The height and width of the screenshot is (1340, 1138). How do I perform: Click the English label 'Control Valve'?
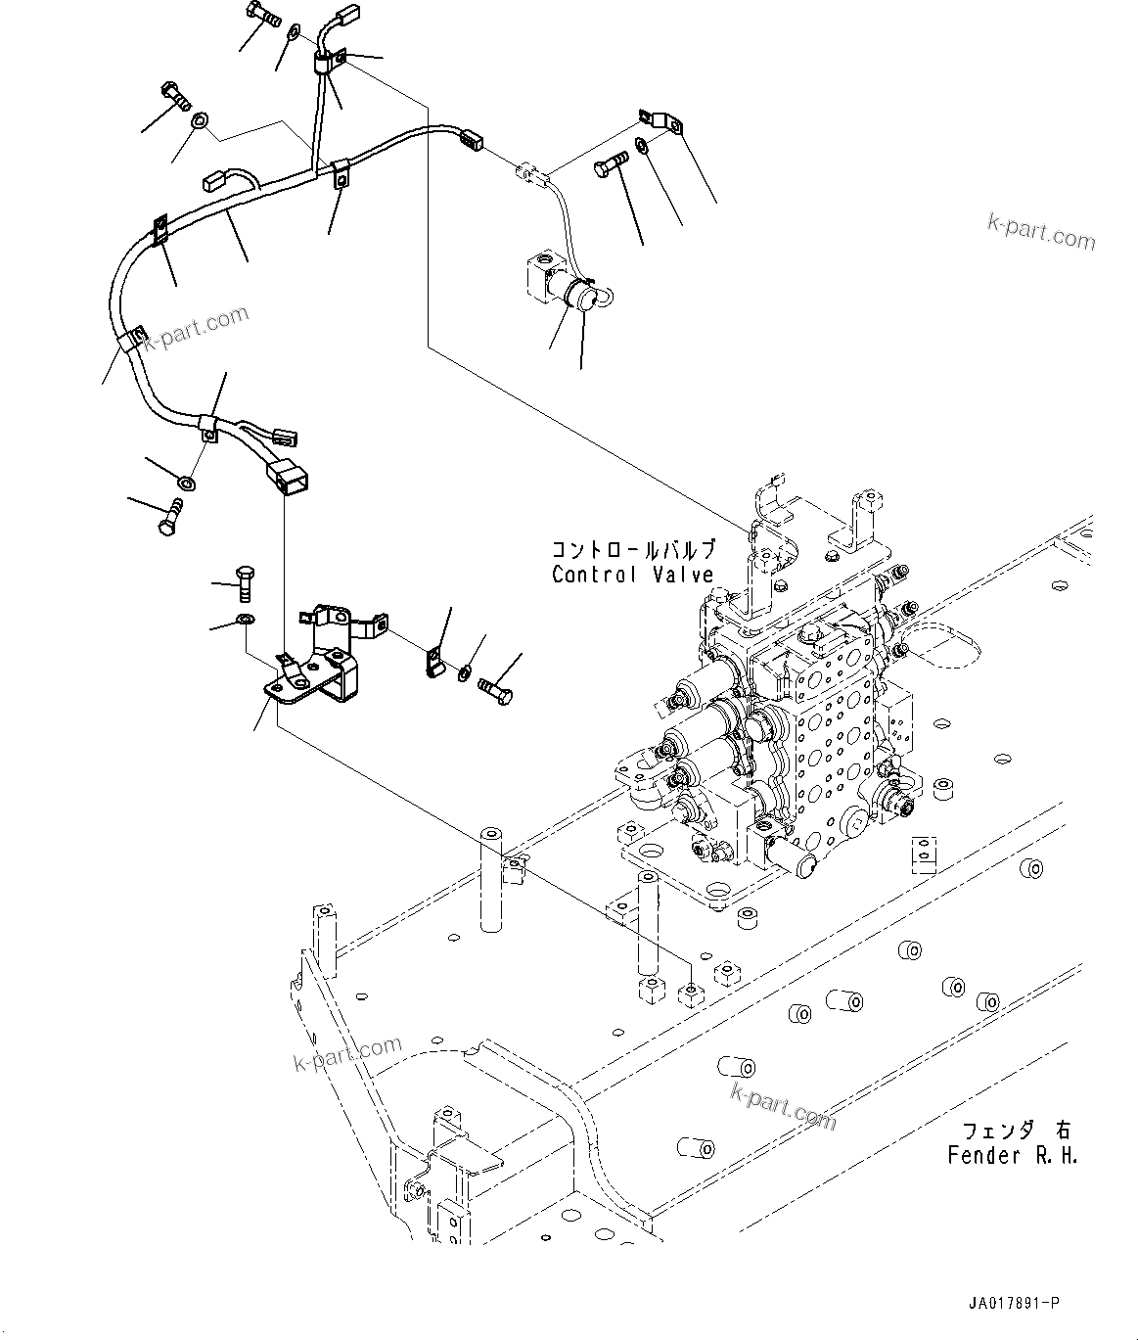632,576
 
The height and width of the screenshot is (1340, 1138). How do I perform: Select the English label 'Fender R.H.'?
1012,1155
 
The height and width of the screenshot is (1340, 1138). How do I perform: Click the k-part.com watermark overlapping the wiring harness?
197,327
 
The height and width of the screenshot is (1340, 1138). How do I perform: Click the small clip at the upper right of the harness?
663,121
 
